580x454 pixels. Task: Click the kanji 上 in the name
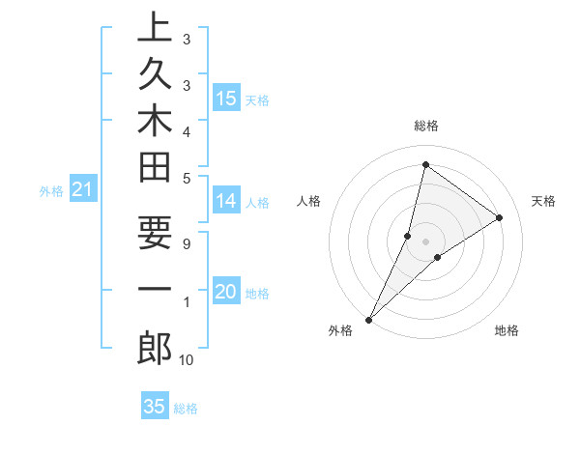click(x=155, y=28)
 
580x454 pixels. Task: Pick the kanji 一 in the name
click(x=155, y=290)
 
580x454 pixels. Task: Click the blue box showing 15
click(x=226, y=99)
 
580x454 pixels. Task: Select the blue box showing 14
click(x=226, y=201)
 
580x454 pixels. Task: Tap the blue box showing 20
click(x=226, y=292)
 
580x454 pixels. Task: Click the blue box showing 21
click(x=83, y=190)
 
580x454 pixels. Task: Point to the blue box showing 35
click(x=155, y=407)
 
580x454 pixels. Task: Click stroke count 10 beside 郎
click(x=186, y=360)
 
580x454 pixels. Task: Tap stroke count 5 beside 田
click(x=186, y=178)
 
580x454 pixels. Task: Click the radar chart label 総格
click(x=425, y=127)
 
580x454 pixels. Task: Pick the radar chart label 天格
click(x=543, y=201)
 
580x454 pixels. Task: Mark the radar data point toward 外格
click(x=368, y=319)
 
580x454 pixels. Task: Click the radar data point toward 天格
click(x=499, y=217)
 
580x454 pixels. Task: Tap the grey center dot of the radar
click(x=425, y=241)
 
